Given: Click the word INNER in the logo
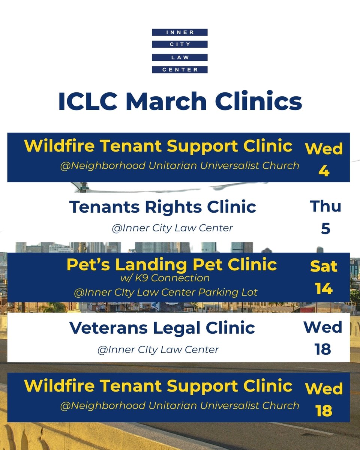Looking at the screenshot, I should tap(180, 33).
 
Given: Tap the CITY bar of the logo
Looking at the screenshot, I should tap(180, 45).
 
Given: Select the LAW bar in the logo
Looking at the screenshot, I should tap(180, 57).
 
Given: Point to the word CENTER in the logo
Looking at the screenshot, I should tap(180, 69).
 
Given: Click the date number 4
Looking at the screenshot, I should tap(324, 171).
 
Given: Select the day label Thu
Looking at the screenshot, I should tap(325, 207).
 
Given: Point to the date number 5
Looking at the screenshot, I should tap(325, 229).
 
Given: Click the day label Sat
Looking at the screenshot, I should tap(324, 267).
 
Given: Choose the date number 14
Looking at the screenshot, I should tap(324, 289).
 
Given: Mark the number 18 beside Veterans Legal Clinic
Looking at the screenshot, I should tap(322, 349).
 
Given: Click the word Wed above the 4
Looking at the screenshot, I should tap(324, 149).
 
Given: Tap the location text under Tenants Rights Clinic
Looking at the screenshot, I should tap(172, 228).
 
